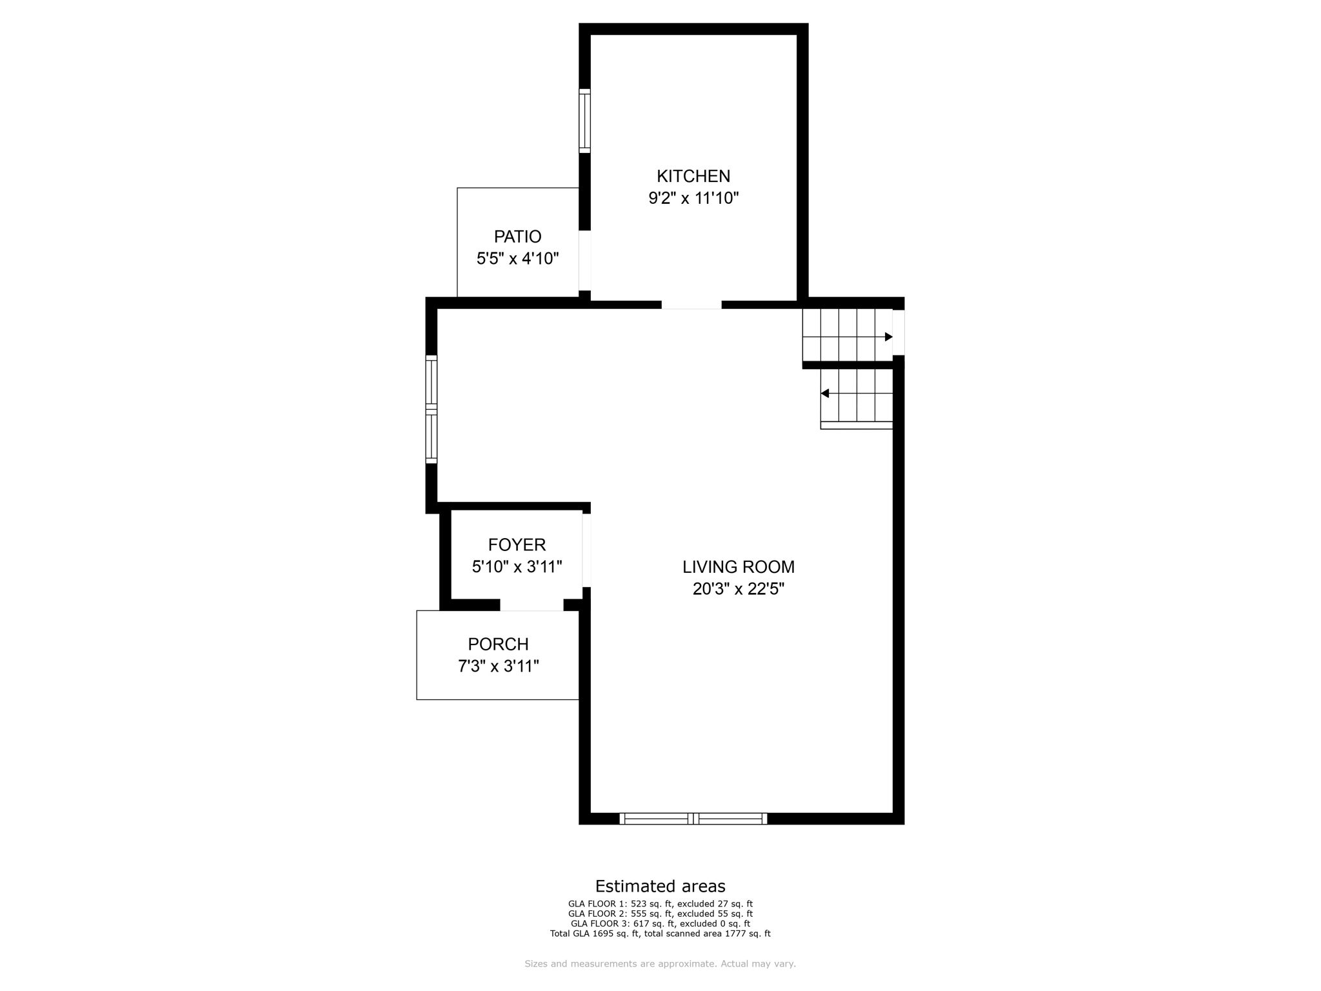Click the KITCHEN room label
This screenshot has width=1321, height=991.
click(x=693, y=176)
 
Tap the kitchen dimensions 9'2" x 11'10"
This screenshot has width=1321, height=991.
click(x=693, y=198)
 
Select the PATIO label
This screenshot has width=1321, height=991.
click(x=517, y=237)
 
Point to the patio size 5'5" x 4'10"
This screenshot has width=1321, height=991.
click(x=517, y=259)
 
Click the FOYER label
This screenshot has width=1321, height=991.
click(x=517, y=545)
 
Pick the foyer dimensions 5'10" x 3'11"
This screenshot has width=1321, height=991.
click(x=517, y=567)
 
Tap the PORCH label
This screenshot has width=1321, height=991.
click(x=498, y=645)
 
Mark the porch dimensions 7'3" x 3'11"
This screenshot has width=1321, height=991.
click(x=498, y=666)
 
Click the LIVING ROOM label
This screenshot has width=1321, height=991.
click(x=739, y=567)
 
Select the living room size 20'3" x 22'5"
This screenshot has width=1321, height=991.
click(x=739, y=589)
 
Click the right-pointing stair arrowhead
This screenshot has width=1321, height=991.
click(x=888, y=337)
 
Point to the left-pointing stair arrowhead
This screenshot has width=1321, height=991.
click(x=825, y=394)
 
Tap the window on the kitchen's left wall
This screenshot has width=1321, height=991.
click(x=584, y=121)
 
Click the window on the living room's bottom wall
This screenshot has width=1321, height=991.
click(x=693, y=819)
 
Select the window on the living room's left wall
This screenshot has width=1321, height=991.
click(x=432, y=409)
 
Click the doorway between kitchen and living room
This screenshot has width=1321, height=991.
click(x=691, y=305)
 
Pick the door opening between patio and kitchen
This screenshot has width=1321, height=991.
click(x=584, y=261)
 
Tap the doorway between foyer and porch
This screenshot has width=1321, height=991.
click(x=531, y=605)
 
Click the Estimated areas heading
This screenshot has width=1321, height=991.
click(x=660, y=886)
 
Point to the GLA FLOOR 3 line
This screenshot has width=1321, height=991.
click(x=660, y=924)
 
